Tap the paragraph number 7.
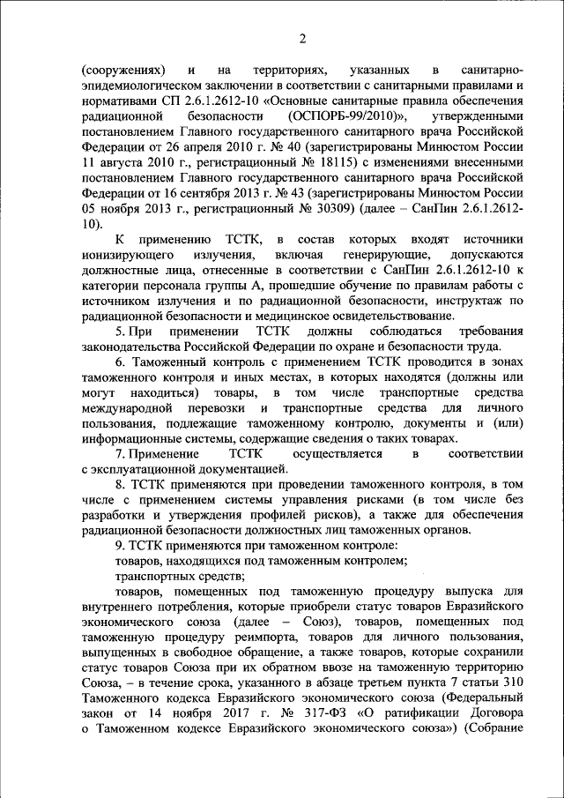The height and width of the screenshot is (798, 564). click(119, 453)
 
